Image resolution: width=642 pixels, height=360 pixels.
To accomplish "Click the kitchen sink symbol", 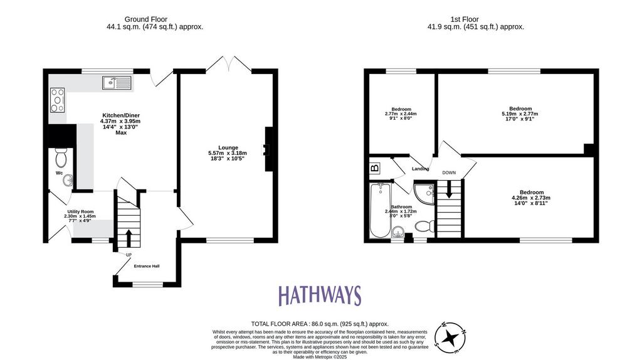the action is [117, 83].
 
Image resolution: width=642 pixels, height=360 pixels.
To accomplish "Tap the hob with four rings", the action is [58, 100].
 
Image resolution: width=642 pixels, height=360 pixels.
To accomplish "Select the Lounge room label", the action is [228, 148].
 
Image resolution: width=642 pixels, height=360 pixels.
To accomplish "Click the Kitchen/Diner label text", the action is [121, 115].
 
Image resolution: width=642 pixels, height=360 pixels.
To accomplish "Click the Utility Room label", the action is [81, 212].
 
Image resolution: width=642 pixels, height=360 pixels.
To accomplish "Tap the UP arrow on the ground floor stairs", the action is [129, 238].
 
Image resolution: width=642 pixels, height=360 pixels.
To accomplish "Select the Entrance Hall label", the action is [147, 266].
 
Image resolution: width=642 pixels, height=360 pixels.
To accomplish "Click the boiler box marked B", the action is [375, 168].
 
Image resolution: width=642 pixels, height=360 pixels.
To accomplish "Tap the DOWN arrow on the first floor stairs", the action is [449, 189].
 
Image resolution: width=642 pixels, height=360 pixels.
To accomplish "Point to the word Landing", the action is [421, 169].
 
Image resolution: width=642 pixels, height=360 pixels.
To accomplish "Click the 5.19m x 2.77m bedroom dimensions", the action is [520, 114].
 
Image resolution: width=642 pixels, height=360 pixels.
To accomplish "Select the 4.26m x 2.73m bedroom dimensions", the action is [532, 198].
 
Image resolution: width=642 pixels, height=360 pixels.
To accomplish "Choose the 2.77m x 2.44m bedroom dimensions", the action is [401, 114].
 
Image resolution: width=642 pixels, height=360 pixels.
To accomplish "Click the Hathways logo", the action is [320, 295].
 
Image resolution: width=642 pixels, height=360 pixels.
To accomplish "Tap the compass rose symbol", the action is [451, 338].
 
